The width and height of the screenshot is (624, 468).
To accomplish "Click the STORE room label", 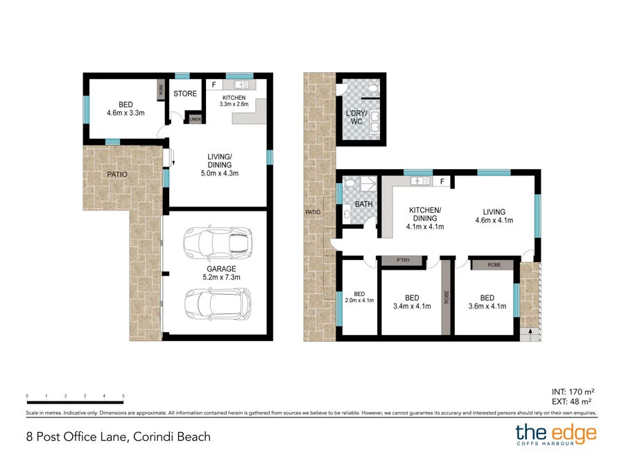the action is click(x=185, y=94).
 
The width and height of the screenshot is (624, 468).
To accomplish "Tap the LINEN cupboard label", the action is click(x=195, y=119).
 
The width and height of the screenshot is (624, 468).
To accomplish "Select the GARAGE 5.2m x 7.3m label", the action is click(x=221, y=273).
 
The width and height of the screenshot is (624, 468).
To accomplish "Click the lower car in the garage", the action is click(x=218, y=304).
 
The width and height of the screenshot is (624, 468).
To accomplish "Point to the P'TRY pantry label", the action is click(x=403, y=260).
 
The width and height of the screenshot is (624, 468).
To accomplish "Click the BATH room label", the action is click(x=364, y=204).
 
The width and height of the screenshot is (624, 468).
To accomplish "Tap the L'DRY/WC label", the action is click(x=356, y=117).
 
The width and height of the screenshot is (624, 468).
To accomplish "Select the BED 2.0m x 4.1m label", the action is click(x=359, y=297).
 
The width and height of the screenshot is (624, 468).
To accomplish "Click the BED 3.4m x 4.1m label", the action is click(x=412, y=302).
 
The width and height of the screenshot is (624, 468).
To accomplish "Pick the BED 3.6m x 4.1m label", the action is click(x=487, y=302).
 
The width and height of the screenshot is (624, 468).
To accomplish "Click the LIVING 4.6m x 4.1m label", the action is click(x=494, y=216).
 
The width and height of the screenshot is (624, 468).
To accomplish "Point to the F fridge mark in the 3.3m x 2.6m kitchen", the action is click(x=214, y=85).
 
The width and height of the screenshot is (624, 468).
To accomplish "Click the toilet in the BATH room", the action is click(x=349, y=182).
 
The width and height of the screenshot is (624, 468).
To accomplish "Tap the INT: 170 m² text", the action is click(x=573, y=392).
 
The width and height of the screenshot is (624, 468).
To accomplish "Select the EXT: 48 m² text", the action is click(x=571, y=401).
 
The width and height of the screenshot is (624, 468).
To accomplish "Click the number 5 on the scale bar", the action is click(x=123, y=396).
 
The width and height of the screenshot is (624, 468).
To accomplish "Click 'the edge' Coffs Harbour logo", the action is click(x=556, y=435).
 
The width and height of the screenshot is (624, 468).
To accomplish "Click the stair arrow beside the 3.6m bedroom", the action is click(x=530, y=331).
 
